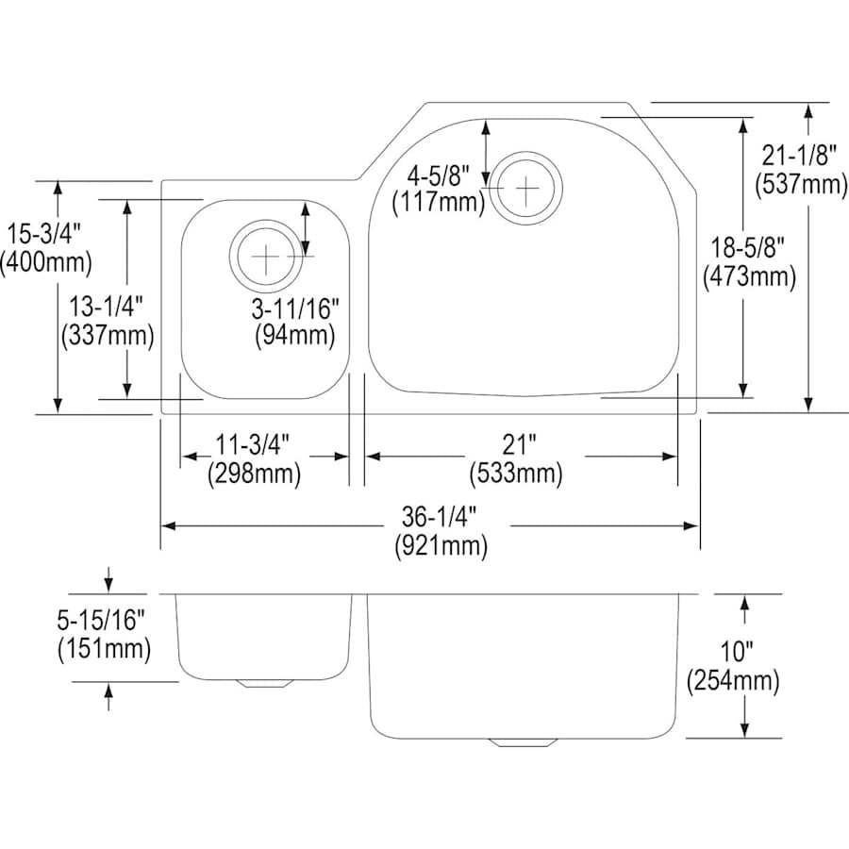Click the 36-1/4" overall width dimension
(x=441, y=517)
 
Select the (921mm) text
(x=441, y=545)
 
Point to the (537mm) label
(x=801, y=185)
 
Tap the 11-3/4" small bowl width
(x=253, y=443)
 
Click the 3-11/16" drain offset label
(x=294, y=308)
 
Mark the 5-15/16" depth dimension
(x=102, y=620)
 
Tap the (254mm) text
(x=733, y=680)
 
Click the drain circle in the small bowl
(x=268, y=256)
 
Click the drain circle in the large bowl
(x=527, y=188)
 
